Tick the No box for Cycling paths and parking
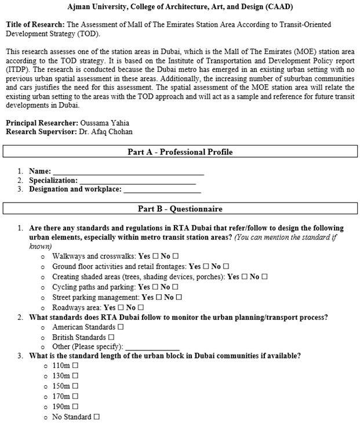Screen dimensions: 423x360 pyautogui.click(x=175, y=287)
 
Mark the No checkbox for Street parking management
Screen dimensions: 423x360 pyautogui.click(x=179, y=298)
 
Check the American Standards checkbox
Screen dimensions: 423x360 pyautogui.click(x=121, y=327)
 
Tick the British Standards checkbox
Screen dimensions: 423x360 pyautogui.click(x=111, y=337)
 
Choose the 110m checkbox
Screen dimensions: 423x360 pyautogui.click(x=75, y=367)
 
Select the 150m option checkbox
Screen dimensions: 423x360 pyautogui.click(x=75, y=386)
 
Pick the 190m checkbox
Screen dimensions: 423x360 pyautogui.click(x=75, y=407)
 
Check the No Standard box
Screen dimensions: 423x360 pyautogui.click(x=97, y=417)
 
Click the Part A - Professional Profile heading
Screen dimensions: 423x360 pyautogui.click(x=180, y=152)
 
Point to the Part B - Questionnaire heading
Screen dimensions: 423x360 pyautogui.click(x=180, y=209)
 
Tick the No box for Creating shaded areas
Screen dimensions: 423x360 pyautogui.click(x=264, y=277)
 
